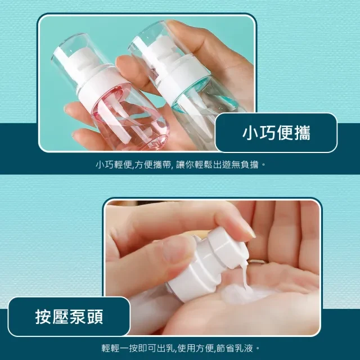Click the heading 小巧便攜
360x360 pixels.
(x=276, y=133)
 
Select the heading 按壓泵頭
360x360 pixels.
(x=69, y=317)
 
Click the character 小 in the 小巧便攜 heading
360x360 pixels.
(x=250, y=133)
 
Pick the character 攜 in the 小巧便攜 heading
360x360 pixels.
(x=302, y=133)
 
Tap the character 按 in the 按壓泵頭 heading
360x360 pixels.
(x=43, y=317)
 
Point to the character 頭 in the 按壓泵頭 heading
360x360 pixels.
(x=95, y=317)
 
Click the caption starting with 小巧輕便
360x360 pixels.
(x=181, y=165)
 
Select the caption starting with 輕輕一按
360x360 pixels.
(x=181, y=348)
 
